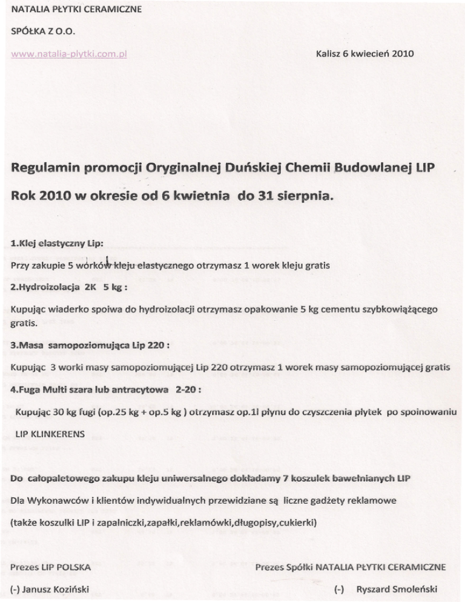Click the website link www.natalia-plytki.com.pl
tap(68, 53)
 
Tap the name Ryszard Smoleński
tap(397, 589)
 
